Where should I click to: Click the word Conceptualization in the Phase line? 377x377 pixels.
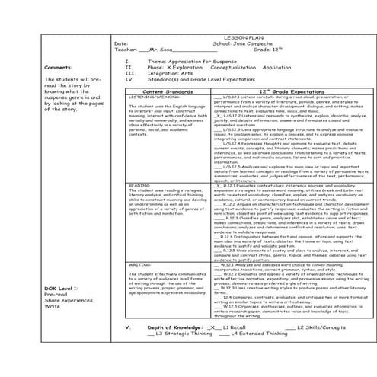(x=229, y=66)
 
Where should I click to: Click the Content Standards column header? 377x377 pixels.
(x=168, y=90)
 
